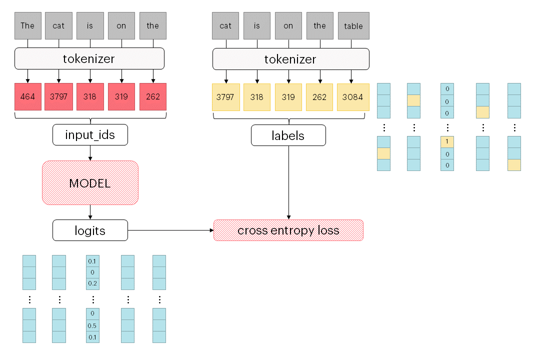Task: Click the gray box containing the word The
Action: [x=27, y=25]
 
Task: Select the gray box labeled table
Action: [x=353, y=26]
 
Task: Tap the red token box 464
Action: [x=27, y=96]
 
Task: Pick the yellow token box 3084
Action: [x=353, y=97]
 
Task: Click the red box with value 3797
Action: [x=59, y=96]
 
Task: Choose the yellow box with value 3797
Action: [x=225, y=97]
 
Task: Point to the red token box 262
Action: [x=152, y=96]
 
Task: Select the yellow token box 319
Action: [x=288, y=97]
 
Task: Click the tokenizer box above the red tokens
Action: [x=89, y=58]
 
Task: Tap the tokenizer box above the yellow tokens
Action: [x=290, y=59]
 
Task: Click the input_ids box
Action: [x=90, y=135]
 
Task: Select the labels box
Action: [x=288, y=135]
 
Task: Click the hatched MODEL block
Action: [x=90, y=182]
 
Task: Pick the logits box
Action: [x=90, y=230]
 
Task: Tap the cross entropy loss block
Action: [x=288, y=230]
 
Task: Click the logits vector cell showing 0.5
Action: [x=92, y=326]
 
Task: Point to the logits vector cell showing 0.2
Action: [x=92, y=283]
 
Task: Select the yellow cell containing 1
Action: [x=447, y=142]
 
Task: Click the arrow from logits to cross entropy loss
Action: [x=170, y=230]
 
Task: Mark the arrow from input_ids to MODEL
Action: [x=90, y=153]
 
